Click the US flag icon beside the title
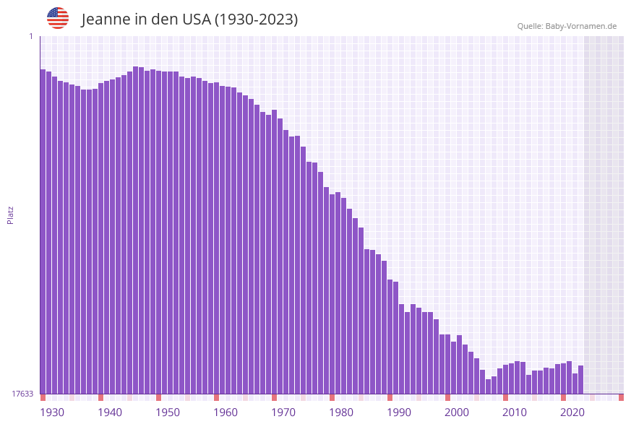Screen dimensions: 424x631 coord(58,18)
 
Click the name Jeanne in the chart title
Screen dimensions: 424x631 coord(105,20)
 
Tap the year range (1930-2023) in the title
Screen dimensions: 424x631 coord(256,20)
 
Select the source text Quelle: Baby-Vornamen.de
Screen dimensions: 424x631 coord(567,26)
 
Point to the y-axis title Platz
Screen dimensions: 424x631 coord(10,215)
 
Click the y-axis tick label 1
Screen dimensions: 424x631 coord(31,36)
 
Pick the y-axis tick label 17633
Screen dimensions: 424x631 coord(22,394)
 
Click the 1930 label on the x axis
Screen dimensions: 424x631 coord(52,412)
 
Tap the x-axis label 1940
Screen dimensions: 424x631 coord(110,412)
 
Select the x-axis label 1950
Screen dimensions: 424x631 coord(168,412)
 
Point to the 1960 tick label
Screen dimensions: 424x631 coord(226,412)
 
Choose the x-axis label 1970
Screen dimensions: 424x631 coord(283,412)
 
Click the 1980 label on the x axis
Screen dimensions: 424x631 coord(341,412)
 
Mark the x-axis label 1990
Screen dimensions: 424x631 coord(399,412)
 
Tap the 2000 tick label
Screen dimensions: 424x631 coord(457,412)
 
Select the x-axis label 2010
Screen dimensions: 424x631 coord(515,412)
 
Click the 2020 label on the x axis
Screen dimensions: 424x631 coord(572,412)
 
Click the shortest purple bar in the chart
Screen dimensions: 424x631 coord(489,386)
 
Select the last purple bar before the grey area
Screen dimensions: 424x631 coord(581,380)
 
